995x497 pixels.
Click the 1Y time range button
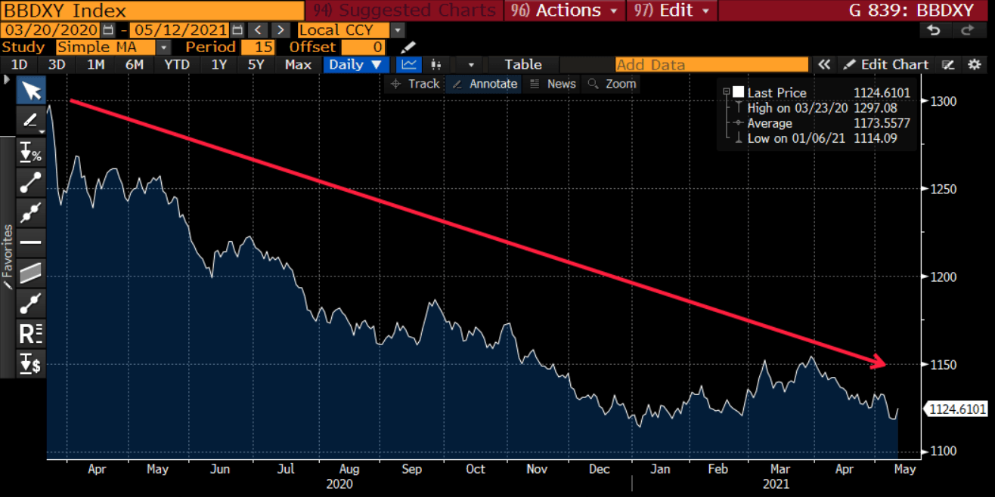pos(219,65)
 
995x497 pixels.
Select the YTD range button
pos(177,65)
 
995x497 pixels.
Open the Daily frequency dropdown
pos(356,65)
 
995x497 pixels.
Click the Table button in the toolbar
pos(523,65)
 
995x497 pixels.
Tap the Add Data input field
pos(711,65)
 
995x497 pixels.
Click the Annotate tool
pos(485,84)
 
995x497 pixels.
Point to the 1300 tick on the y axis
pos(944,101)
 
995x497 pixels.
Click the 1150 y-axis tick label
pos(944,365)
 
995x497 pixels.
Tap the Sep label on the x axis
pos(411,469)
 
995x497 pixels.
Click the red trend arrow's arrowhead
pos(879,363)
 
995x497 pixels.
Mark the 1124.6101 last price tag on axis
pos(956,409)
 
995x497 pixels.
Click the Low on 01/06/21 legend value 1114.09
pos(875,138)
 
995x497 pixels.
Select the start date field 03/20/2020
pos(50,29)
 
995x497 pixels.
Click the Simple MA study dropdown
pos(113,47)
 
